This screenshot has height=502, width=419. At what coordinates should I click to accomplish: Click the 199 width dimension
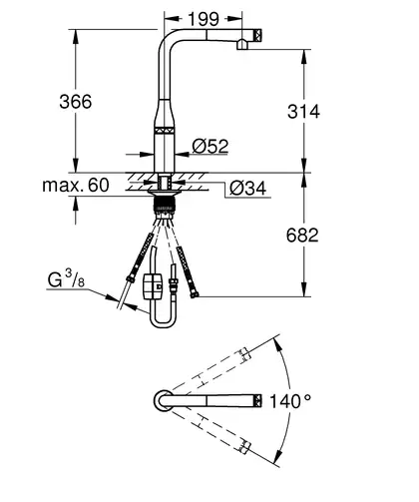click(204, 19)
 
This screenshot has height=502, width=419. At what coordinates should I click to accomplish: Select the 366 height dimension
click(76, 101)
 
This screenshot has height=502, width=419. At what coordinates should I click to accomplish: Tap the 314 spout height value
click(303, 111)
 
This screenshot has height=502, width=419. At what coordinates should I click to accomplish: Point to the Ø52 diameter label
click(210, 146)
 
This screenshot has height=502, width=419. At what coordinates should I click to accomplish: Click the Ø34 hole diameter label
click(248, 189)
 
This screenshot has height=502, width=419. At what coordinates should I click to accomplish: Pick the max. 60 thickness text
click(76, 185)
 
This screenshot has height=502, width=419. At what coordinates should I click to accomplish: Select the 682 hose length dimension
click(302, 235)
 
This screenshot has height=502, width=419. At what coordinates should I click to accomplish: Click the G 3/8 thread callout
click(66, 278)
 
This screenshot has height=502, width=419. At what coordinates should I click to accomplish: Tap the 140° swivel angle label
click(290, 401)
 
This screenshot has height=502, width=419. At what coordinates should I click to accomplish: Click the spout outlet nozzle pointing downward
click(242, 45)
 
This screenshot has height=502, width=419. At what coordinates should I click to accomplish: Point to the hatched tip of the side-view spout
click(259, 35)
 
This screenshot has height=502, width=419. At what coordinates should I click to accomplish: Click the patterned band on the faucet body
click(165, 131)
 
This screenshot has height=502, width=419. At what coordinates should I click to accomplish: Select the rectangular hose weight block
click(153, 286)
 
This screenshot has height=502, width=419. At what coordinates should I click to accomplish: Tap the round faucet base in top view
click(163, 400)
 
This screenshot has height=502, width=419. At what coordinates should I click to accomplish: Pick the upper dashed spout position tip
click(244, 354)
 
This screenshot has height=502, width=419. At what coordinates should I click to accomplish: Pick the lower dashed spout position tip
click(244, 447)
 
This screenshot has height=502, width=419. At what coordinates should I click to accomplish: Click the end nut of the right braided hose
click(194, 293)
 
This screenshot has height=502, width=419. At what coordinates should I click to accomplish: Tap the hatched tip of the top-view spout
click(258, 401)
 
